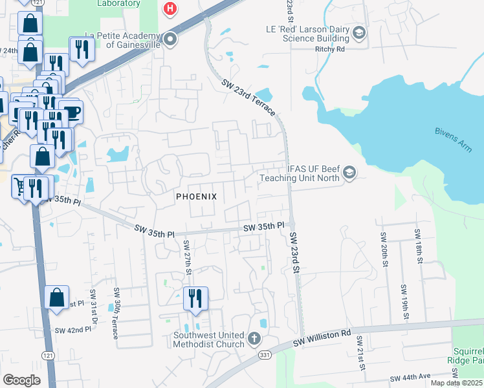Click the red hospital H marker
point(170,8)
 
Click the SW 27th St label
point(188,256)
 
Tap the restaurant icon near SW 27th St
point(195,299)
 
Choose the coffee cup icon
point(71,111)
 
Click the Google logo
point(21,380)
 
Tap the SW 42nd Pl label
point(72,330)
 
